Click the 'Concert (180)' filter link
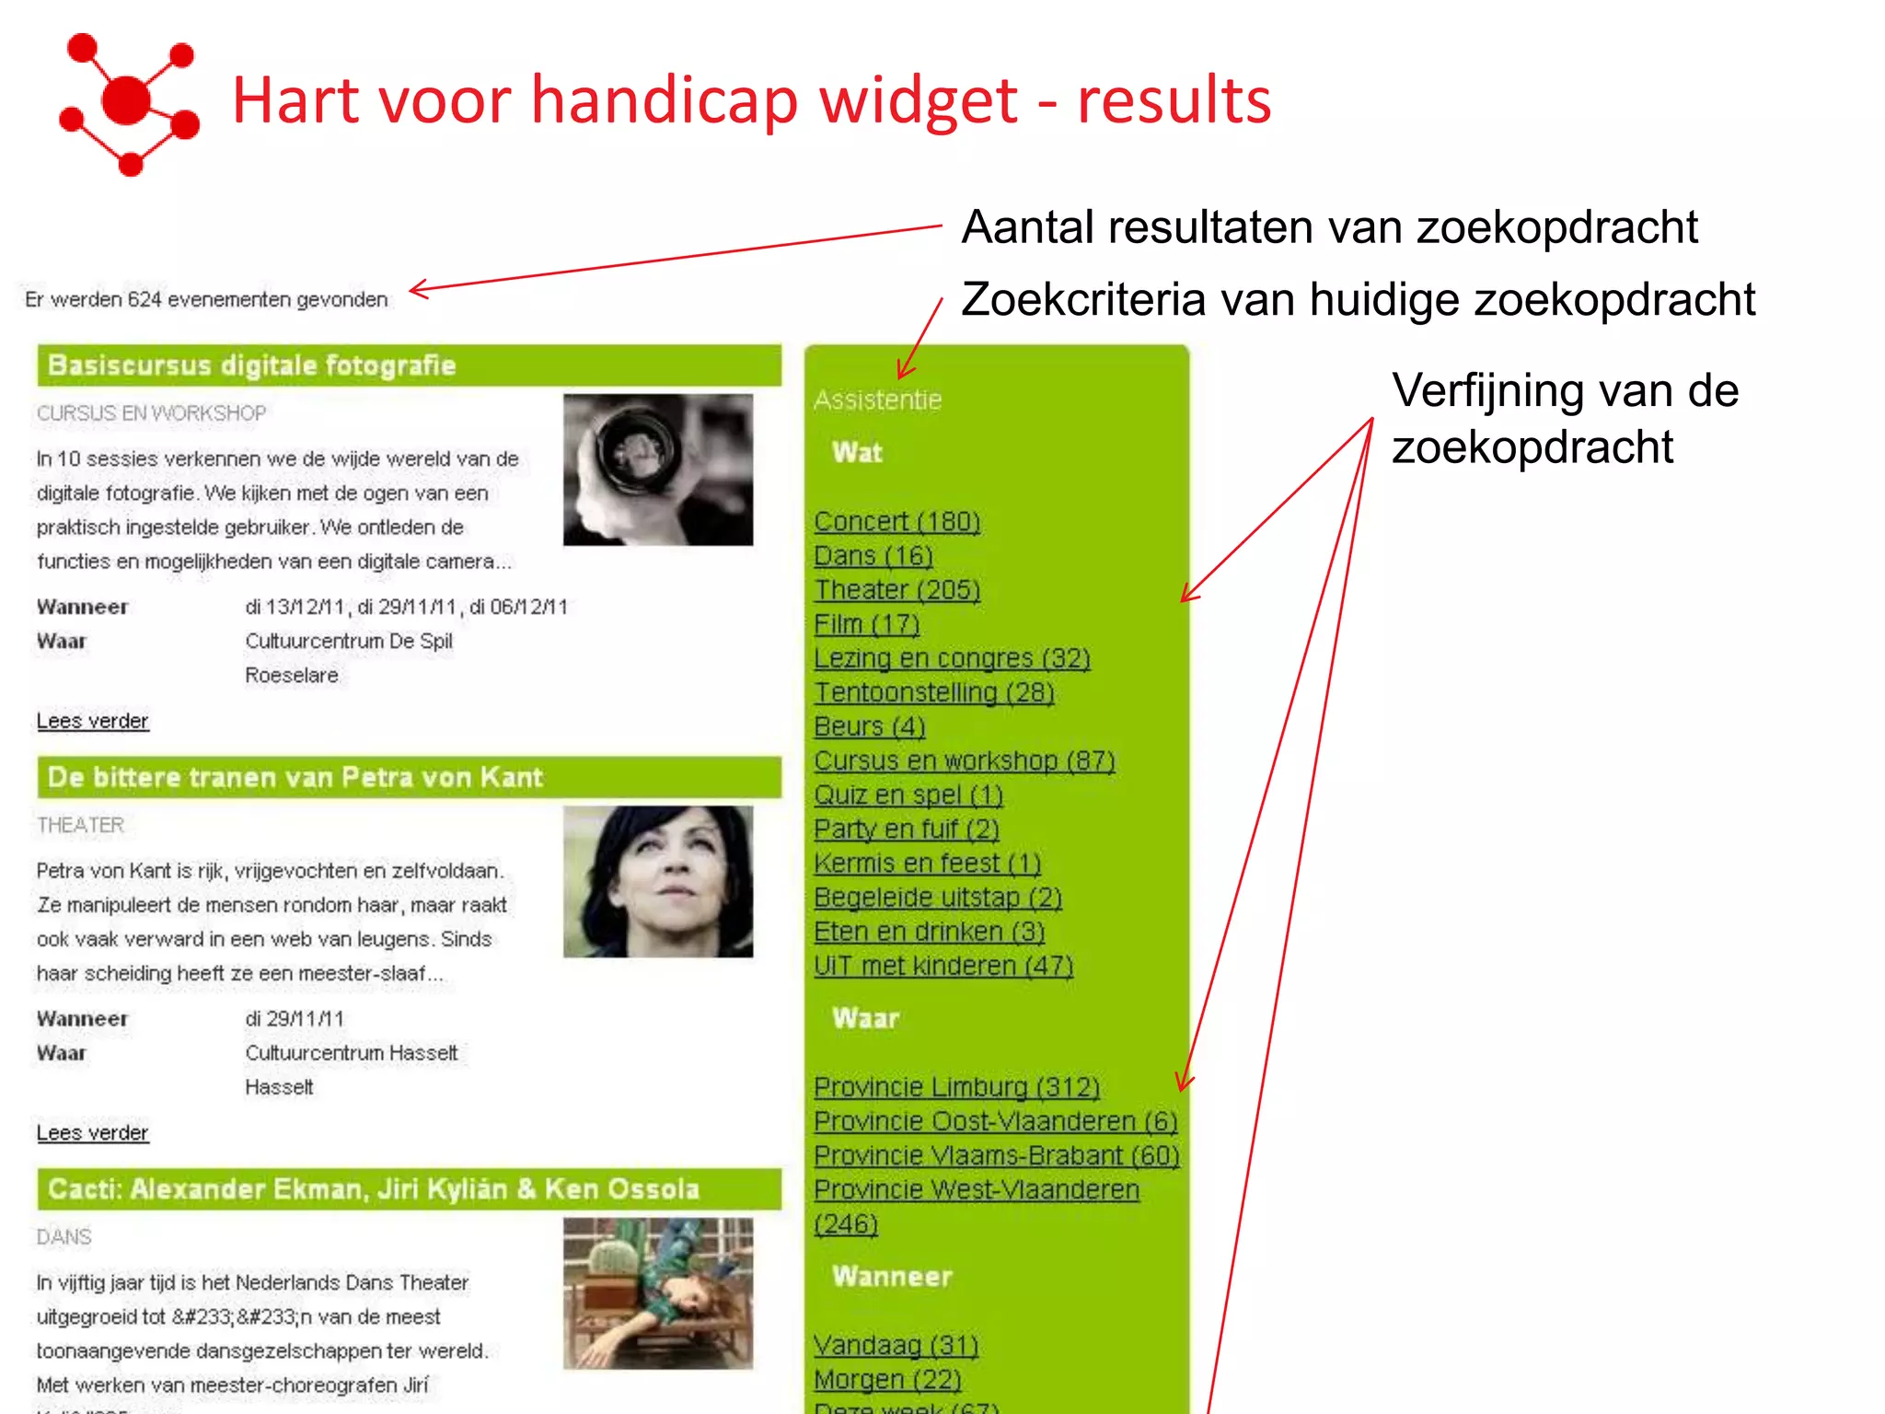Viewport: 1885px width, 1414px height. (896, 522)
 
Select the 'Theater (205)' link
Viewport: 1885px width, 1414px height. (896, 590)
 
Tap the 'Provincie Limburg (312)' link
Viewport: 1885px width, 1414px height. (956, 1087)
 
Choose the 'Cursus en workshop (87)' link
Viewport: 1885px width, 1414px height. (964, 761)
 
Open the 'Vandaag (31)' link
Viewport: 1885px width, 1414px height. (896, 1346)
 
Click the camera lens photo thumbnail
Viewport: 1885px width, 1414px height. (657, 469)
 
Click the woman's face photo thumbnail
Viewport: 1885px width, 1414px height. (657, 882)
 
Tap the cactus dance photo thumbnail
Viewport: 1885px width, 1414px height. (657, 1293)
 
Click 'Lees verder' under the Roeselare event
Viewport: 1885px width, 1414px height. (92, 721)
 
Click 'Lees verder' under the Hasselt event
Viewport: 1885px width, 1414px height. (92, 1133)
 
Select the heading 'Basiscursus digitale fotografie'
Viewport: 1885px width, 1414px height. (251, 365)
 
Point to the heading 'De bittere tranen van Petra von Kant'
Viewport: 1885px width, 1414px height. (295, 778)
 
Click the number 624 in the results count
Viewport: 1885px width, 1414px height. (145, 300)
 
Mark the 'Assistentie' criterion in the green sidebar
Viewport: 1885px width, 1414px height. (877, 400)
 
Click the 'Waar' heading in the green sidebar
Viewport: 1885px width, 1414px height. (865, 1018)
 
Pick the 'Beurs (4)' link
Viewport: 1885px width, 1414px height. (869, 727)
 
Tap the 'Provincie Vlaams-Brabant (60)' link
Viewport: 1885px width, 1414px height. (996, 1155)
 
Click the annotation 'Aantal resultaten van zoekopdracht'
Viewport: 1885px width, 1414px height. (1329, 227)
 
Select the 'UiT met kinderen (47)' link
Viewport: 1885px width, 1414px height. (942, 966)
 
